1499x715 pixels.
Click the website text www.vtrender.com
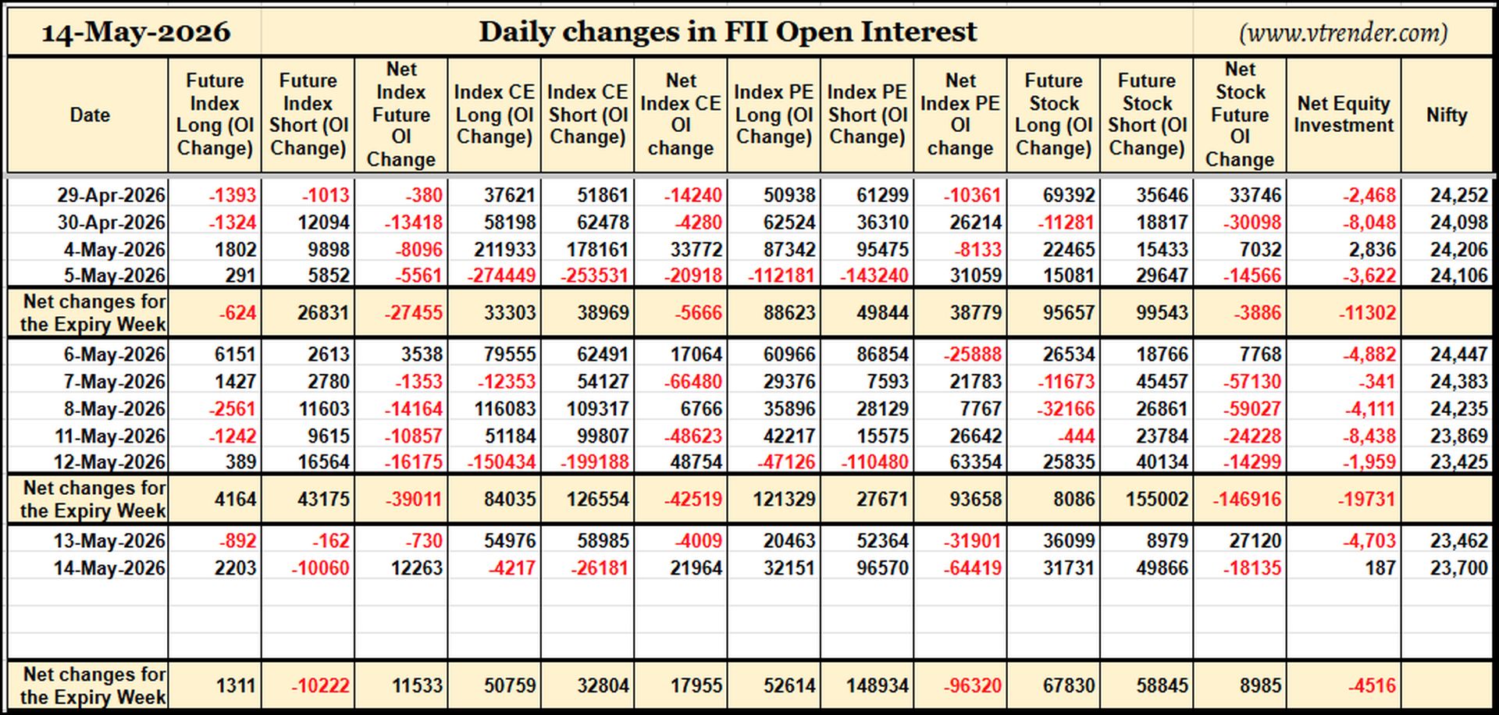(x=1344, y=33)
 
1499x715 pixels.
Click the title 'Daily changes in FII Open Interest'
(x=728, y=31)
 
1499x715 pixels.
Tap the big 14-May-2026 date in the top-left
(x=136, y=32)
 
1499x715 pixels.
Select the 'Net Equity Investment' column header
(x=1344, y=114)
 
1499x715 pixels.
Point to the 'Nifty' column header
(x=1447, y=115)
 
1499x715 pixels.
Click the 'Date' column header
(x=90, y=115)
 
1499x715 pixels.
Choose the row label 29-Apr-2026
(x=111, y=195)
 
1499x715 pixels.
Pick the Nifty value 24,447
(x=1458, y=354)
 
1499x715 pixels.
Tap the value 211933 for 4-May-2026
(x=504, y=250)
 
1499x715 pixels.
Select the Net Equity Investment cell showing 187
(x=1380, y=568)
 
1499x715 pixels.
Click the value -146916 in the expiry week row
(x=1246, y=499)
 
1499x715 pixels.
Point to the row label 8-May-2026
(x=115, y=409)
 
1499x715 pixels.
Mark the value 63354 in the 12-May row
(x=975, y=462)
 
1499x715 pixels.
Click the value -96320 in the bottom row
(x=972, y=685)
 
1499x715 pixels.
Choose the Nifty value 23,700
(x=1458, y=568)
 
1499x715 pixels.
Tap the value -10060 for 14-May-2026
(x=320, y=568)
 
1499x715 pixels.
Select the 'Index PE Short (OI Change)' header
(x=867, y=115)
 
